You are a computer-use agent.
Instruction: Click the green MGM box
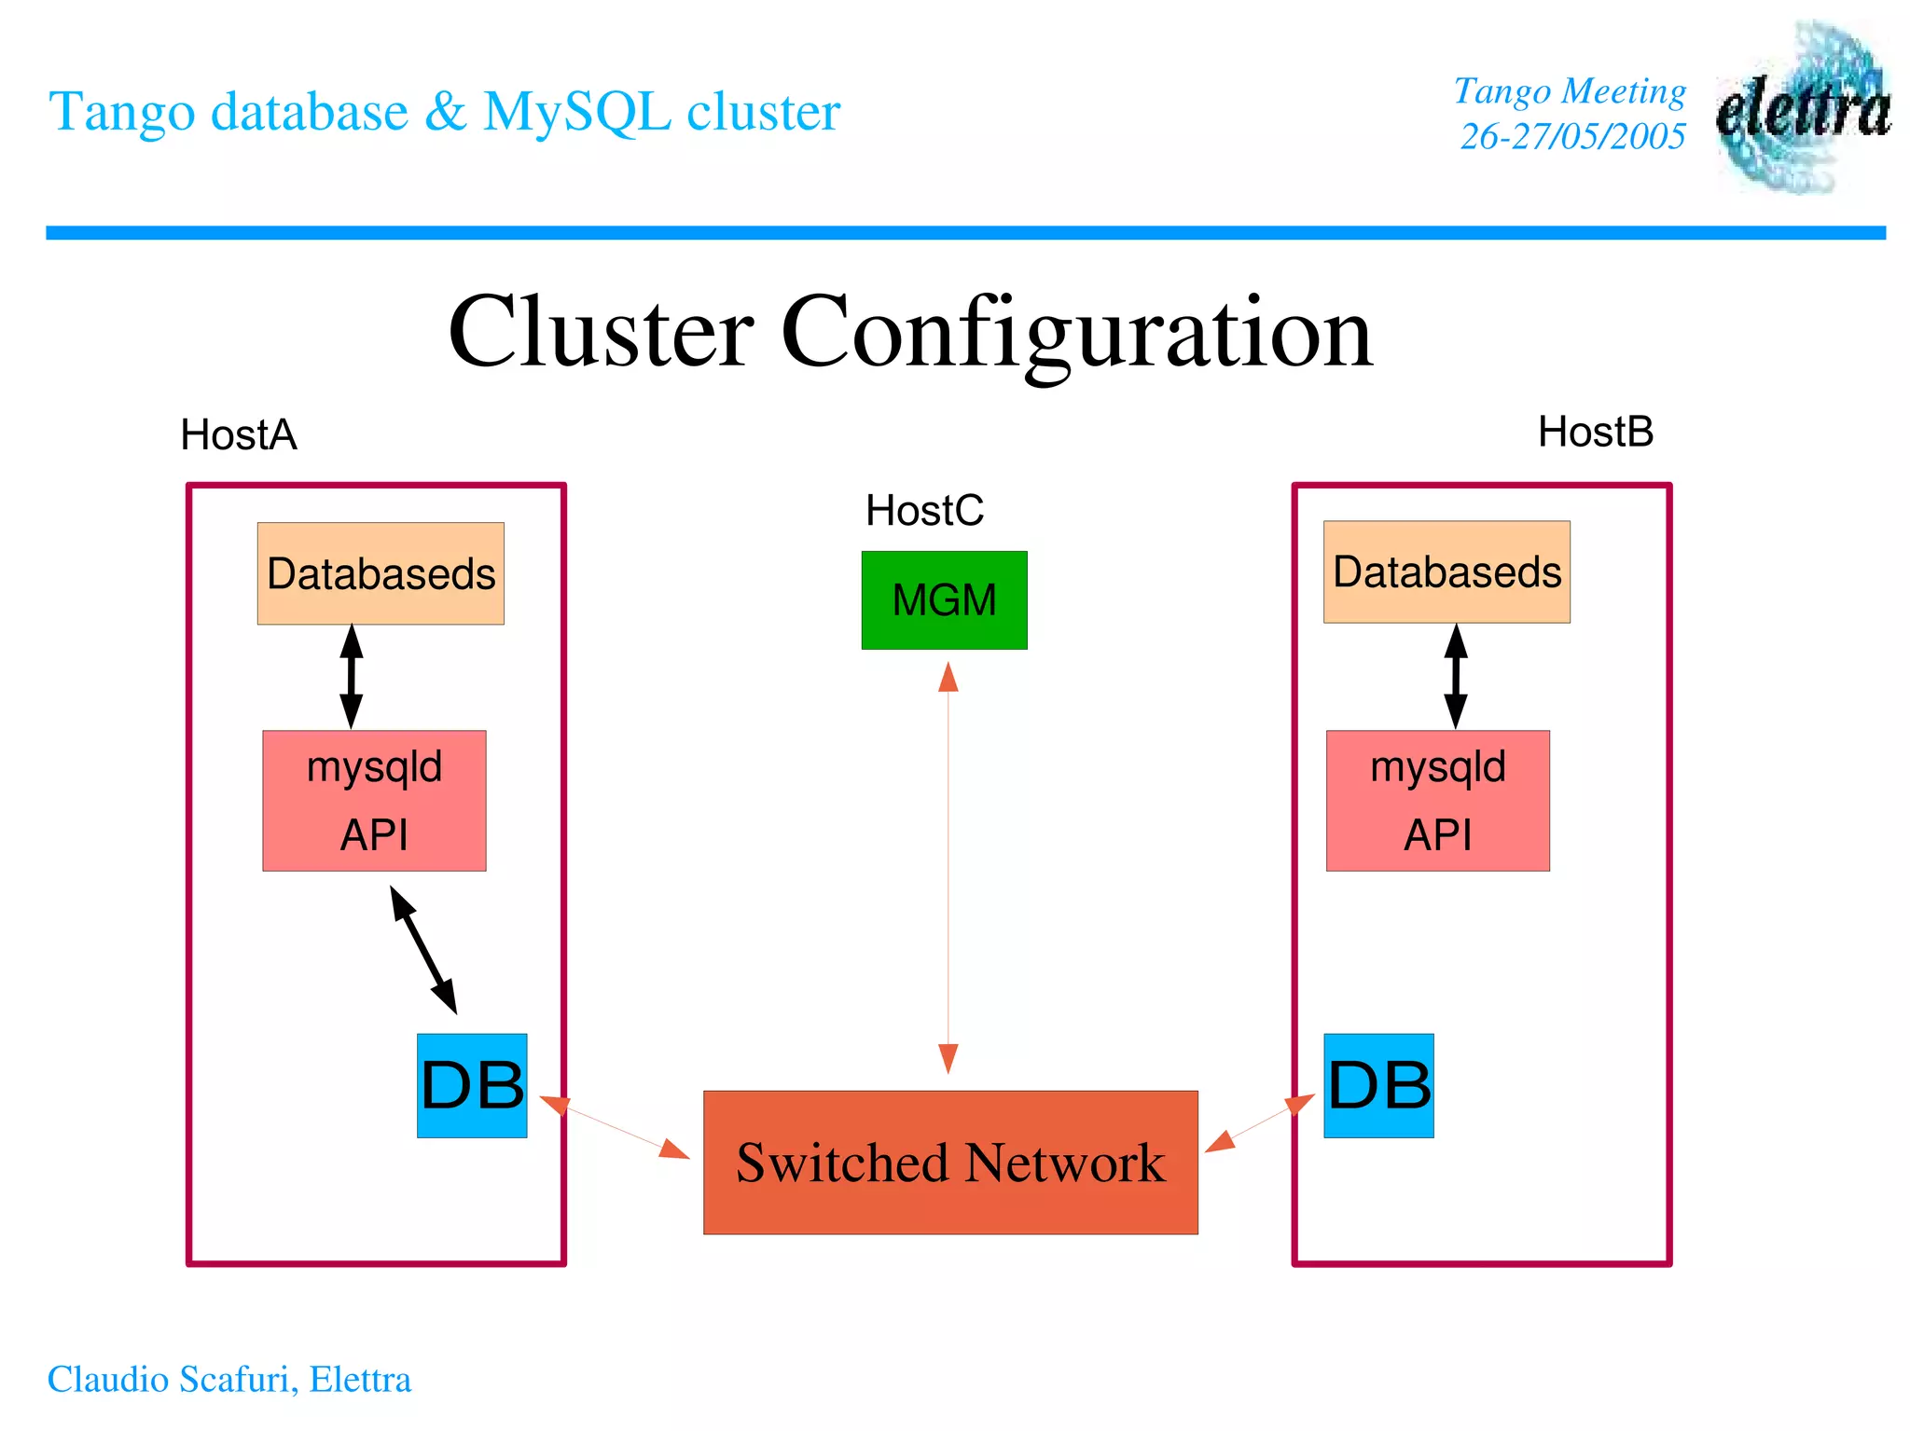point(944,599)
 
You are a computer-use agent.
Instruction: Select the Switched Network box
point(950,1162)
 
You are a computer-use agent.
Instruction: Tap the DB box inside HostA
point(472,1085)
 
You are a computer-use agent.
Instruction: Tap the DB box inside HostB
point(1378,1085)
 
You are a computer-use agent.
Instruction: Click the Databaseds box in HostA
point(381,573)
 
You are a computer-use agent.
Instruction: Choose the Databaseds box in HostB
point(1446,571)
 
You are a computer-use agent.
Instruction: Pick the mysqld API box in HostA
point(374,800)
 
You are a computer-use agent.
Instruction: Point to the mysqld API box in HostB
point(1437,800)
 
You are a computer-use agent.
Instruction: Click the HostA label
point(239,434)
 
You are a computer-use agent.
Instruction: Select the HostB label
point(1595,432)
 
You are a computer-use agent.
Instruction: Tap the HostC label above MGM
point(924,510)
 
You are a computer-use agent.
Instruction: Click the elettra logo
point(1803,107)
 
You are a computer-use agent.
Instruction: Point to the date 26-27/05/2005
point(1572,136)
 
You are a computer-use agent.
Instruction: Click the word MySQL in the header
point(577,112)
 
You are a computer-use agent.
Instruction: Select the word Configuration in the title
point(1076,333)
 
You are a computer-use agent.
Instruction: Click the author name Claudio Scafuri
point(173,1379)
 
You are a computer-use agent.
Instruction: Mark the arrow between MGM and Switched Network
point(948,867)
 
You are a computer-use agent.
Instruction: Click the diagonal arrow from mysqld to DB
point(423,949)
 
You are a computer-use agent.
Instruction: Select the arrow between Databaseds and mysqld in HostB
point(1456,677)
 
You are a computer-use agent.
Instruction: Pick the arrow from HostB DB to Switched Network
point(1259,1124)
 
